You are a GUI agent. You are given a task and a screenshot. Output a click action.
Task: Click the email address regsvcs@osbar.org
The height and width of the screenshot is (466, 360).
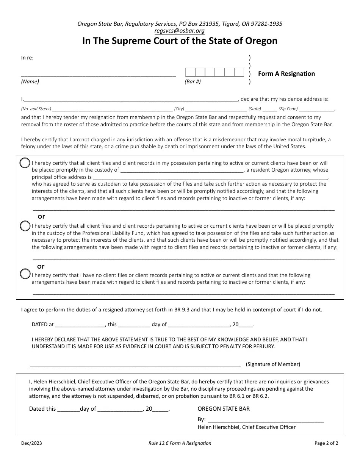coord(180,31)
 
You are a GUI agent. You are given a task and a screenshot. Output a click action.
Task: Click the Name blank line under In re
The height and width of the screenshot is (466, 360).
coord(98,74)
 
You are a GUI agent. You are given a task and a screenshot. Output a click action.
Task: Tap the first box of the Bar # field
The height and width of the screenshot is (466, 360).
coord(190,72)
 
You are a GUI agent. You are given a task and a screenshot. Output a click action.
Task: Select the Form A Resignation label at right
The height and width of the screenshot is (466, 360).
coord(286,73)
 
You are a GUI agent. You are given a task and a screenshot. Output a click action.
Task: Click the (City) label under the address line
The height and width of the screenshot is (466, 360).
coord(179,109)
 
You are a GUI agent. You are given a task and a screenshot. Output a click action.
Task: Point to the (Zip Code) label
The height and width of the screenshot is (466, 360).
coord(288,109)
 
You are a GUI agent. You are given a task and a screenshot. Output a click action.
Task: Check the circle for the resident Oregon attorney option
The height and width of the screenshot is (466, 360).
coord(25,163)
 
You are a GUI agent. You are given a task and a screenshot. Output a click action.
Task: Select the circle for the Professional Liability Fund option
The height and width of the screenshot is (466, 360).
coord(25,226)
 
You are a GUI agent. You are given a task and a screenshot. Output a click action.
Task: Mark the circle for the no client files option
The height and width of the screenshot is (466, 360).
coord(25,274)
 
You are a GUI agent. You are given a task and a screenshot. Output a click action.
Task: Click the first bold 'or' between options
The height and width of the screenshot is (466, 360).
coord(41,216)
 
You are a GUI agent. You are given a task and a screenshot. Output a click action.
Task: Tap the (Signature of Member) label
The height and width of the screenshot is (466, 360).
coord(273,364)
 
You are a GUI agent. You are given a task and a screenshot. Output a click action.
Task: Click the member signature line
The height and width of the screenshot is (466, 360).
coord(135,364)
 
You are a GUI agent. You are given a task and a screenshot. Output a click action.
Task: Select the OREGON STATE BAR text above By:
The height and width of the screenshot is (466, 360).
coord(224,409)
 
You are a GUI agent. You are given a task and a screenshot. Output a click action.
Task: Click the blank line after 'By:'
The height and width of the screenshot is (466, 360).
coord(266,419)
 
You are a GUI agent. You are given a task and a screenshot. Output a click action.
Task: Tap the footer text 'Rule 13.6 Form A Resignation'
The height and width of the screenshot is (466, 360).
coord(180,443)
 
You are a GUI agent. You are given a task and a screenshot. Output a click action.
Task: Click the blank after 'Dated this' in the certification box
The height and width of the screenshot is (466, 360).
coord(68,409)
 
